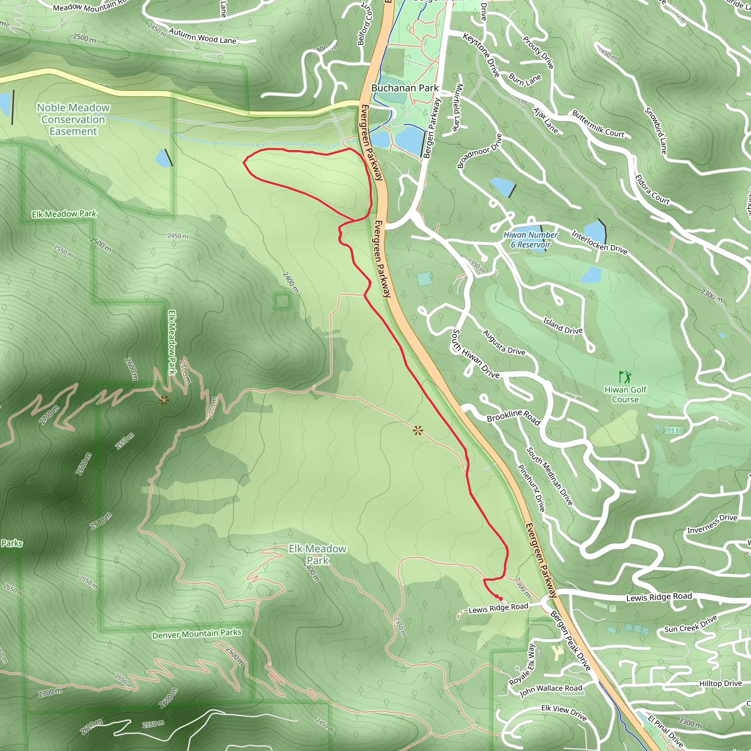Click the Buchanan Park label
405,88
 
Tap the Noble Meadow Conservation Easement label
73,119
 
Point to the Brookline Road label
513,417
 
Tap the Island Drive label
563,326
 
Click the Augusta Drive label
504,342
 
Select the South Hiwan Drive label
475,354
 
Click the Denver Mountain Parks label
197,634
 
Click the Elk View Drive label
564,713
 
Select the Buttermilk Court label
598,124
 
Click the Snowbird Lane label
656,130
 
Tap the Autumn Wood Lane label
202,36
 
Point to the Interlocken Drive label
599,242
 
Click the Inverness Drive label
712,524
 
